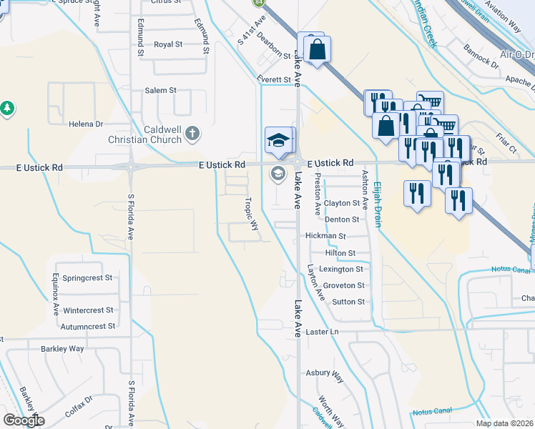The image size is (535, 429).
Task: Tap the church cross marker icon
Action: click(x=192, y=133)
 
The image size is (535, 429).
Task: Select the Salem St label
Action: click(x=161, y=91)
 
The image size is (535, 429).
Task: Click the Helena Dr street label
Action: click(x=86, y=124)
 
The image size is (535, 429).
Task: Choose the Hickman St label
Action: click(x=325, y=235)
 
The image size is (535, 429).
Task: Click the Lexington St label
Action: click(x=342, y=270)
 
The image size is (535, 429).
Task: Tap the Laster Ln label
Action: click(x=322, y=332)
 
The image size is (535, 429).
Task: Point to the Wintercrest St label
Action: click(x=88, y=310)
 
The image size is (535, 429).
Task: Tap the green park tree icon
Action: click(x=7, y=108)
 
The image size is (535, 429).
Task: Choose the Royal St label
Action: click(x=168, y=44)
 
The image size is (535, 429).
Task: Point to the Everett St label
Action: click(x=275, y=79)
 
